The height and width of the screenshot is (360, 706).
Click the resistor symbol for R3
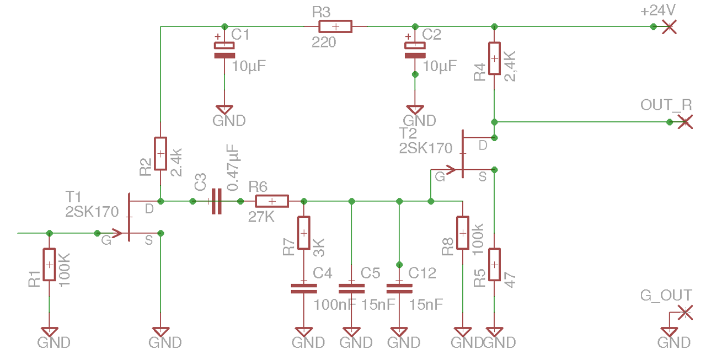click(x=335, y=26)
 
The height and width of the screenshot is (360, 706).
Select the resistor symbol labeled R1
click(x=49, y=265)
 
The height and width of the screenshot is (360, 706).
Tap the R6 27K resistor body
click(x=271, y=201)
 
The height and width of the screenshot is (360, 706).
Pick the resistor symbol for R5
click(x=495, y=265)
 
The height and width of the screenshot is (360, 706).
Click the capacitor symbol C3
click(x=216, y=201)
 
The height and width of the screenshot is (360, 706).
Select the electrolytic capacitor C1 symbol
click(x=224, y=50)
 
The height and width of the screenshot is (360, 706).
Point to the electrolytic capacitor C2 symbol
click(x=415, y=50)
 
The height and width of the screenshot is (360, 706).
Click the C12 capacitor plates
click(x=399, y=288)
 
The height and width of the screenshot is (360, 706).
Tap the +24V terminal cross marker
click(x=669, y=26)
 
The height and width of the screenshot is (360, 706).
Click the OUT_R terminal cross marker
click(x=684, y=122)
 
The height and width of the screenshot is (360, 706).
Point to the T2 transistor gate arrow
click(x=450, y=170)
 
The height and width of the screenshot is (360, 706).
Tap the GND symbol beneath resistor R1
click(x=49, y=332)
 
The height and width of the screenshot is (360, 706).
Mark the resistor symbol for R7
click(x=303, y=233)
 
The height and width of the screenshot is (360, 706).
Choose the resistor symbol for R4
click(x=495, y=58)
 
